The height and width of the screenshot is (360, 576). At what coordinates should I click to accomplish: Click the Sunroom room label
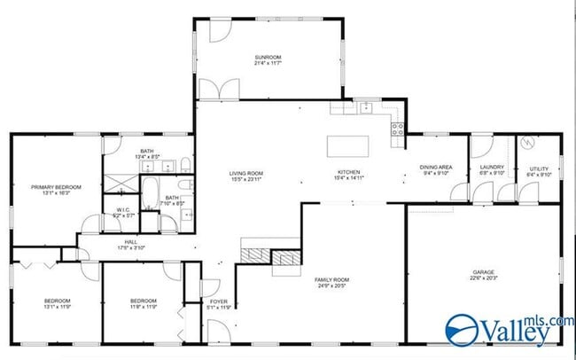(x=268, y=56)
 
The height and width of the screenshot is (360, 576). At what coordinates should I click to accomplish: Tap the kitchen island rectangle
(x=347, y=145)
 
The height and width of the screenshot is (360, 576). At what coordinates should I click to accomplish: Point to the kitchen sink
(x=366, y=107)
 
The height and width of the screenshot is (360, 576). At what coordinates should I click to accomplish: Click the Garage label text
(x=482, y=273)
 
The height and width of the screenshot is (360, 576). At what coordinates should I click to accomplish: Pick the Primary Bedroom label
(x=56, y=187)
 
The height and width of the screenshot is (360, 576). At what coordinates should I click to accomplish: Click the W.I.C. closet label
(x=124, y=210)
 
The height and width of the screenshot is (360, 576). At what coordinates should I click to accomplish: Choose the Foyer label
(x=219, y=302)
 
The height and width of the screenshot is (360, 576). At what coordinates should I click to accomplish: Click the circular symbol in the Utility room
(x=526, y=142)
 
